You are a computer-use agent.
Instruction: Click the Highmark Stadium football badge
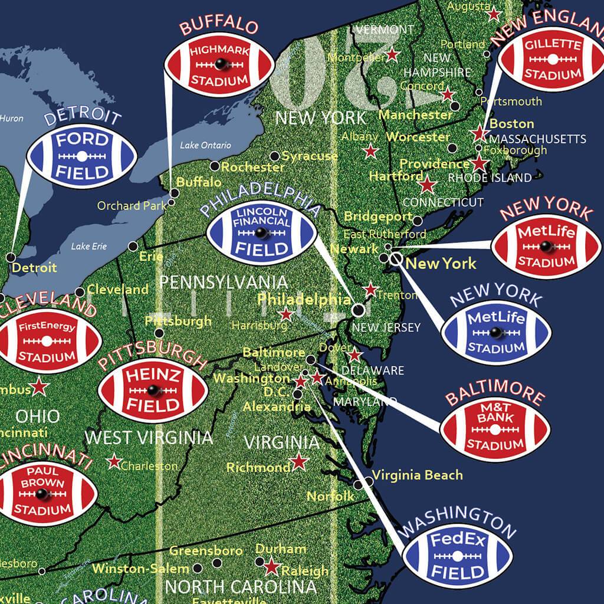point(219,65)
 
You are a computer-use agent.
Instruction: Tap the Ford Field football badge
point(81,156)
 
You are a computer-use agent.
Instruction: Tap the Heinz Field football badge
point(153,389)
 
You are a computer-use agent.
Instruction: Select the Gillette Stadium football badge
point(552,60)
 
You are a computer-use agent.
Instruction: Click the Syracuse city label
point(310,156)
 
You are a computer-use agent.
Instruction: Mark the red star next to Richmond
point(300,461)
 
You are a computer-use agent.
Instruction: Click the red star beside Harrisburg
point(286,314)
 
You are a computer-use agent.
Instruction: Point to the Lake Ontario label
point(205,145)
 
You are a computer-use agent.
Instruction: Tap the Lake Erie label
point(89,247)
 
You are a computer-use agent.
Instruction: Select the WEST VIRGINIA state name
point(149,438)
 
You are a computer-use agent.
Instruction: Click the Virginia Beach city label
point(417,475)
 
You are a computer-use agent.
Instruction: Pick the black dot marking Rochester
point(215,166)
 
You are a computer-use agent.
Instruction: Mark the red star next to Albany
point(370,151)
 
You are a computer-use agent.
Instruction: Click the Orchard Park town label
point(132,206)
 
